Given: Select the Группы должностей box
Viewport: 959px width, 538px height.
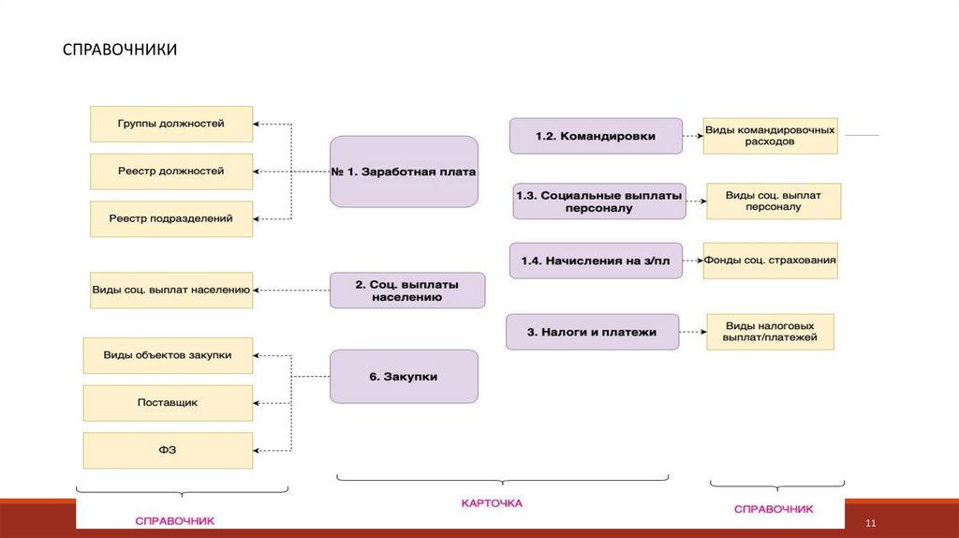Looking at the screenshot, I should [x=171, y=124].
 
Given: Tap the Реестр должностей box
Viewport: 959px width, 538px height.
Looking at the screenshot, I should [x=171, y=172].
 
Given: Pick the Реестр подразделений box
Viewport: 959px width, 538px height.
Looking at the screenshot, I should [x=171, y=218].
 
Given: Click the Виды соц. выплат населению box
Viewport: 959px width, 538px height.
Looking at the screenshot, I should [x=171, y=290].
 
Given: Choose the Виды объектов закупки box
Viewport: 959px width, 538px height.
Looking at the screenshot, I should [x=168, y=355].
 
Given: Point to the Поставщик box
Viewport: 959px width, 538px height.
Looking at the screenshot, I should [x=168, y=402].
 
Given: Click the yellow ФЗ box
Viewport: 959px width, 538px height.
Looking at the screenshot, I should [x=168, y=450].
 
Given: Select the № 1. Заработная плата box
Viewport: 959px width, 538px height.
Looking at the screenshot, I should [x=404, y=172].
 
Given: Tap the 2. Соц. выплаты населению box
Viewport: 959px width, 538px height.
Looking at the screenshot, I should [x=407, y=290].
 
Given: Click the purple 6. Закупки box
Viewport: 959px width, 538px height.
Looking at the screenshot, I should [x=404, y=376].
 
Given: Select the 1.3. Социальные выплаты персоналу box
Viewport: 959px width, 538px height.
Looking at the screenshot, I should [x=599, y=201].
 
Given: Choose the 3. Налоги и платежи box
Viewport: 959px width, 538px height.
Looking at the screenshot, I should [x=592, y=332].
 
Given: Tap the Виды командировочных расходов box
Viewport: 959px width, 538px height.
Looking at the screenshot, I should [x=770, y=135].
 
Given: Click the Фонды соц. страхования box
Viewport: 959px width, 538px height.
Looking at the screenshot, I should [x=770, y=260].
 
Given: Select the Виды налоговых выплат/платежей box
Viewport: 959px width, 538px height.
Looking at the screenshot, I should [x=770, y=331].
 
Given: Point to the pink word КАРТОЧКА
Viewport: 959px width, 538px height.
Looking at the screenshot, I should [x=492, y=503].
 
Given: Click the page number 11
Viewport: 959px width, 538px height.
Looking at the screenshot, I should [x=870, y=522].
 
